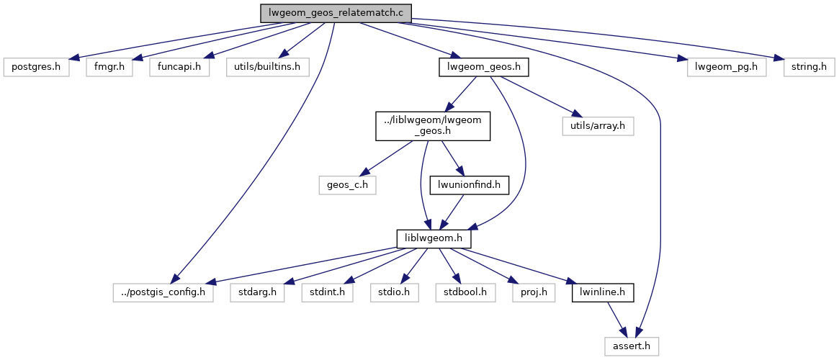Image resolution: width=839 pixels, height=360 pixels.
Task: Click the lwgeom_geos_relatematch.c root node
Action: [336, 13]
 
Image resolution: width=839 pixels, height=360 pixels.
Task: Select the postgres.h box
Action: [37, 68]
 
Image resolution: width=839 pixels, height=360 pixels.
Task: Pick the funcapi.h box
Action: [179, 68]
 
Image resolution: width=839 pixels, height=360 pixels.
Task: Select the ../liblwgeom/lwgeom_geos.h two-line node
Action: [433, 126]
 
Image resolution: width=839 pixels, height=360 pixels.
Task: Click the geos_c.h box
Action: [349, 184]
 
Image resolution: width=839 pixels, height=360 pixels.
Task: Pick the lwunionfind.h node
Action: [470, 184]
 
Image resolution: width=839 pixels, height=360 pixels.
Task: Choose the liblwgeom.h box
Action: [433, 238]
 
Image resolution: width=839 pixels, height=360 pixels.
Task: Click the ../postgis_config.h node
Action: [163, 293]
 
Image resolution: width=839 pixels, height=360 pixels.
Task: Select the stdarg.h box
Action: [257, 293]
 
